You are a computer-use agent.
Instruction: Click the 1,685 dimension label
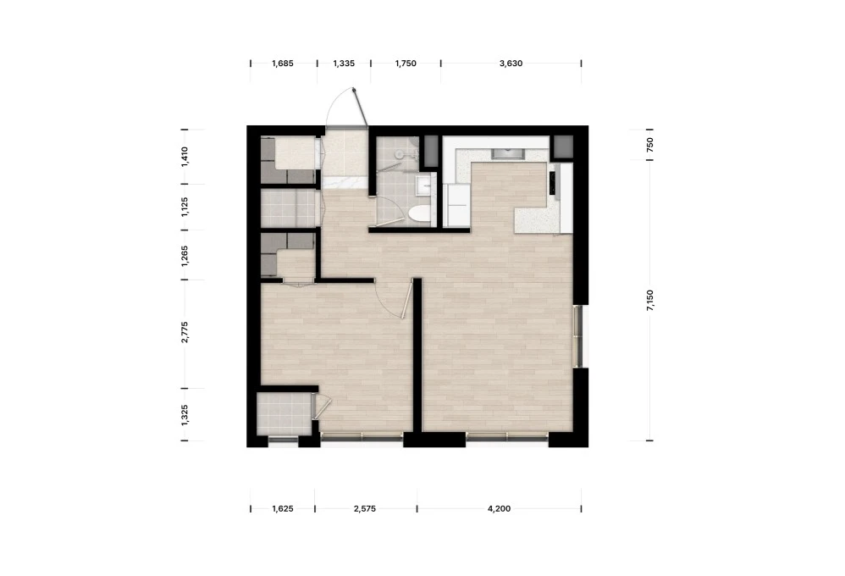(283, 63)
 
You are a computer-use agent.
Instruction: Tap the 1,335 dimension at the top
(344, 63)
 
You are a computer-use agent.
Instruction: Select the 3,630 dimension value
(511, 63)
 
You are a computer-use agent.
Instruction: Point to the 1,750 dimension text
(406, 63)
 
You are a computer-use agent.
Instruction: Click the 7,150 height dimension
(650, 301)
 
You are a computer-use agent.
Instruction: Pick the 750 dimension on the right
(650, 144)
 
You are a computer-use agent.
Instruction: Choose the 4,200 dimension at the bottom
(499, 508)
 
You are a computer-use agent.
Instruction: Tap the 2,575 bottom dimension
(365, 508)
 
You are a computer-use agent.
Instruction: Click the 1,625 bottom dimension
(283, 508)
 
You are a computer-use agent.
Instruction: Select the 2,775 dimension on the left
(185, 332)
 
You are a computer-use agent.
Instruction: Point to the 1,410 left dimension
(185, 157)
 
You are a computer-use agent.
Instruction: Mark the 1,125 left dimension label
(185, 207)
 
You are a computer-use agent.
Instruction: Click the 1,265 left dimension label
(185, 256)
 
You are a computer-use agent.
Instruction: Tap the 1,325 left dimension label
(185, 415)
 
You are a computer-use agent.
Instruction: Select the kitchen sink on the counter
(507, 153)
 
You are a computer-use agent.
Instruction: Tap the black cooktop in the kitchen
(553, 183)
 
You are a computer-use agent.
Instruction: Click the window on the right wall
(580, 336)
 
